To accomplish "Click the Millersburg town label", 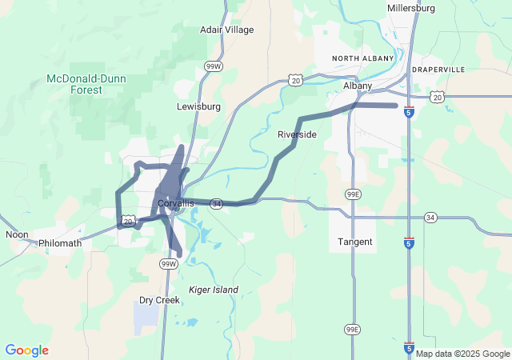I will [x=410, y=8].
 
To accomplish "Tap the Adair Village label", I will [x=226, y=30].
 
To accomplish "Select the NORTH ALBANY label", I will [x=363, y=58].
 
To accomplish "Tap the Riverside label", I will [x=297, y=134].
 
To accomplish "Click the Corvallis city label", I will [x=175, y=203].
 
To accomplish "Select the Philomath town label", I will [x=60, y=242].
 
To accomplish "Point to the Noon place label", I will [x=17, y=234].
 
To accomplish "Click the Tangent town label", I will [x=354, y=242].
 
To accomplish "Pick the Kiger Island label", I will [x=213, y=289].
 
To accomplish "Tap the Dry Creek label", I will [x=159, y=300].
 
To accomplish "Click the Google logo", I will [x=26, y=350].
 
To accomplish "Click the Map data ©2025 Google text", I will [x=462, y=354].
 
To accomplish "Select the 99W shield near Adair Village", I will [x=214, y=66].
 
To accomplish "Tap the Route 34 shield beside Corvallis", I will [x=217, y=204].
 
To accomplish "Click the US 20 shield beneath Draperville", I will [x=436, y=97].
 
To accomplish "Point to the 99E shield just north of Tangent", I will [x=353, y=194].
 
